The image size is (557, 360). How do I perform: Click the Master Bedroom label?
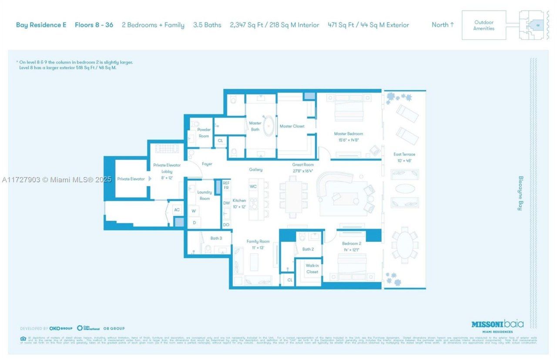click(348, 133)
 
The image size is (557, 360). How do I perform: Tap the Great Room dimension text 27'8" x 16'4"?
click(303, 171)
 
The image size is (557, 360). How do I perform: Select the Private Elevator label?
click(131, 179)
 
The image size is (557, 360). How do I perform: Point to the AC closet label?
click(177, 210)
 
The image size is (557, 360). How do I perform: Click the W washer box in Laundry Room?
click(194, 211)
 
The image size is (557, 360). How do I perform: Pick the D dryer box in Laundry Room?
click(194, 223)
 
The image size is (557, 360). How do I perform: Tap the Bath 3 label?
click(216, 238)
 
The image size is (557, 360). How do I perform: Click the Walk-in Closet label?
click(312, 268)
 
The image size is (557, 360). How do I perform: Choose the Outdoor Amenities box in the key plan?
click(484, 25)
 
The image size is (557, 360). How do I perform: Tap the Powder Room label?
click(204, 133)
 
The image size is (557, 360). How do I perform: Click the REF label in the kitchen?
click(226, 183)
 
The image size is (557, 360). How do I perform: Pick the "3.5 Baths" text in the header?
click(207, 25)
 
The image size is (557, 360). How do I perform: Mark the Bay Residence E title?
click(41, 25)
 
